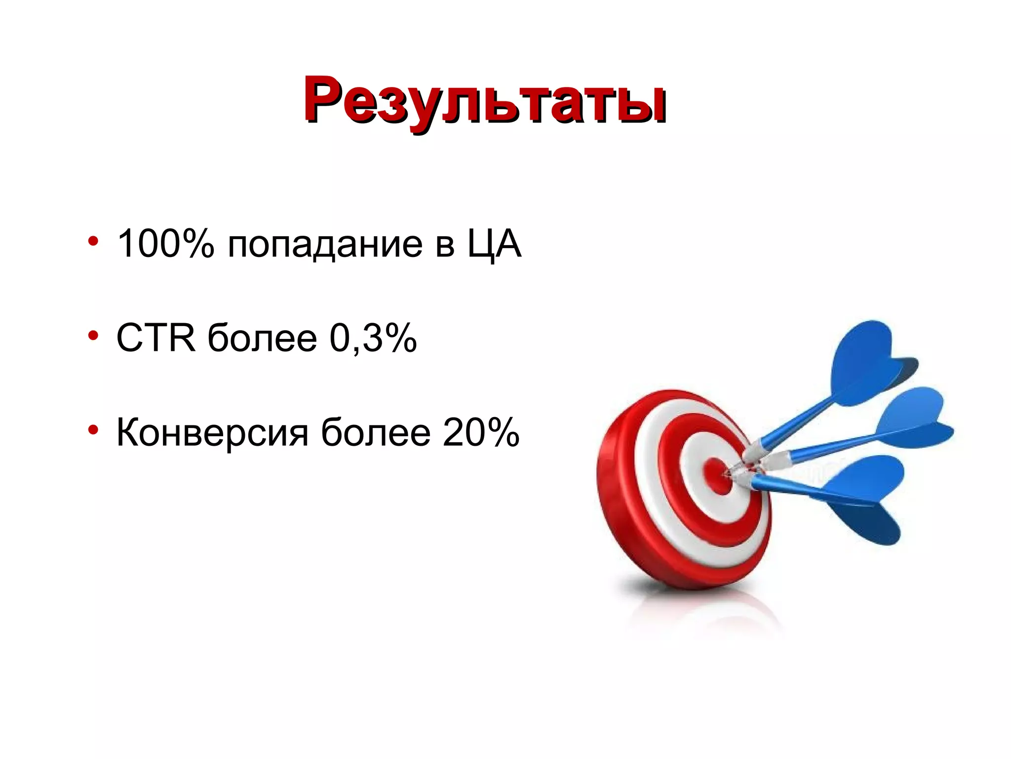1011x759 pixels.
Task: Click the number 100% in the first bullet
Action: (165, 243)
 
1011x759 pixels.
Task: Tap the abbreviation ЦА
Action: (494, 243)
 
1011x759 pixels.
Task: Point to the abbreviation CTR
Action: (156, 338)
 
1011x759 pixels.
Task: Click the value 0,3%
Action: (373, 338)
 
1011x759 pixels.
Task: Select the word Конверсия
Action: (212, 432)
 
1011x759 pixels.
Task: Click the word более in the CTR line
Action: (262, 338)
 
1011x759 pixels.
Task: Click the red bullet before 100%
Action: (93, 241)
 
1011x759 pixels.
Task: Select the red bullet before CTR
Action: (93, 336)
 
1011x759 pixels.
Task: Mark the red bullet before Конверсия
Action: (93, 430)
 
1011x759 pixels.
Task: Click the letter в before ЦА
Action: (445, 245)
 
